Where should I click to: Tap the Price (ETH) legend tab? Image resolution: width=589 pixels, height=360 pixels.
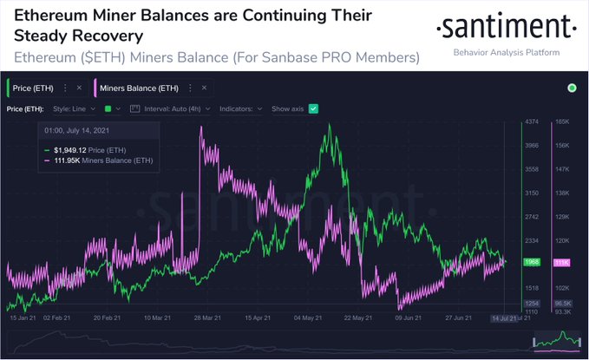coord(36,88)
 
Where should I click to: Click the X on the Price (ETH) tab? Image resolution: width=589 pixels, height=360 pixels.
coord(79,88)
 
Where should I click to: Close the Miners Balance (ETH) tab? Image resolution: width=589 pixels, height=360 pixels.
coord(193,88)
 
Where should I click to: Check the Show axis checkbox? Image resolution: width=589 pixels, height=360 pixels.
coord(314,108)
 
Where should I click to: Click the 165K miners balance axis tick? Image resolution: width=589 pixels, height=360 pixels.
coord(561,122)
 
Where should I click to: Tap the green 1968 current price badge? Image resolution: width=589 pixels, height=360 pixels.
coord(532,262)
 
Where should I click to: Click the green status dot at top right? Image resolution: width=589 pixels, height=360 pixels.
coord(572,88)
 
